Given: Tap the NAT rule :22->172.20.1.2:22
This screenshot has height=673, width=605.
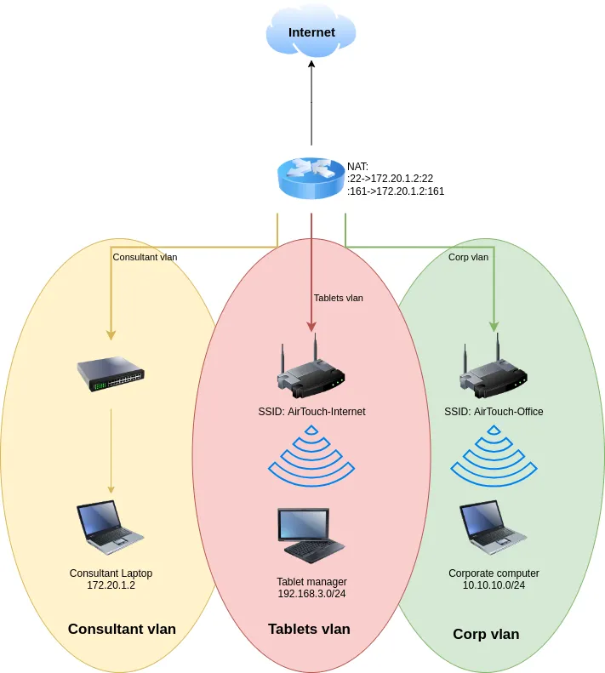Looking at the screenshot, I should point(391,179).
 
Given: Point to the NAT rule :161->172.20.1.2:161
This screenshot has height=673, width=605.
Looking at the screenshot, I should point(396,191).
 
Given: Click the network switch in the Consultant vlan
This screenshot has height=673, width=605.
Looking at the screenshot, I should point(111,374).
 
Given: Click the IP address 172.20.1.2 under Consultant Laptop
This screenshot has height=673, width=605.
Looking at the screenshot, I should point(111,585).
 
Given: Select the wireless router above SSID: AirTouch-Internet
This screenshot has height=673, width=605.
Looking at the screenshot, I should point(311,372).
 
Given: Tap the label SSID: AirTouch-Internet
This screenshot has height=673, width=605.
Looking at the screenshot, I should point(311,412).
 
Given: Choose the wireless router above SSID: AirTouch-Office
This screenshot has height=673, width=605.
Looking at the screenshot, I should point(494,373).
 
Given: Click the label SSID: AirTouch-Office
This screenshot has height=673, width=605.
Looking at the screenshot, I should point(494,412).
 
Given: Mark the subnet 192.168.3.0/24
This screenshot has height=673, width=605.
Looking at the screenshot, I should point(311,593).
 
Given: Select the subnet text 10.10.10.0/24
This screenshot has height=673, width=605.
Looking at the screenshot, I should point(494,585).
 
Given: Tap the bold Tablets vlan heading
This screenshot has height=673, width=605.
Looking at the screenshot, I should point(309,629).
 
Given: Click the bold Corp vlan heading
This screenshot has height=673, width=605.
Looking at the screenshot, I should point(486,634).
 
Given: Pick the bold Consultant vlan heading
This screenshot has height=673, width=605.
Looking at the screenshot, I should point(122,629).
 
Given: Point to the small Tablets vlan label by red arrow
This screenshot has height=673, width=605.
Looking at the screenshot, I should point(338,298).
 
